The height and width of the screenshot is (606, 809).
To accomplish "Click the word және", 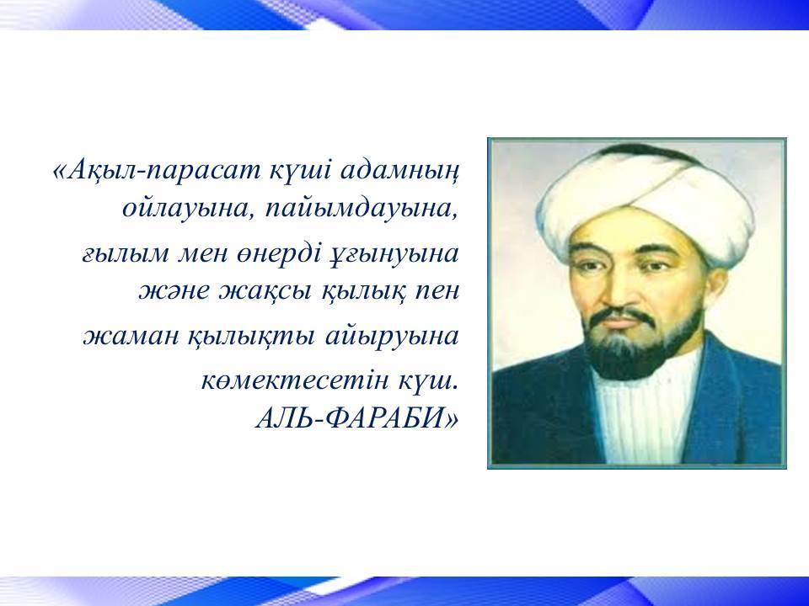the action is pos(174,291).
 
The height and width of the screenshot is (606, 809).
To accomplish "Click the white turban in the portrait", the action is pos(646,199).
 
